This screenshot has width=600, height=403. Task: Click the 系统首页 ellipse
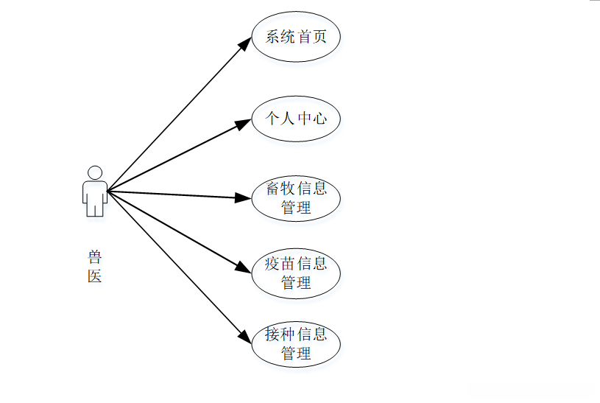[x=295, y=37]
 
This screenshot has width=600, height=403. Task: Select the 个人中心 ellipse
[x=295, y=118]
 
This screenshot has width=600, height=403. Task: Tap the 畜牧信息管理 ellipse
[x=295, y=197]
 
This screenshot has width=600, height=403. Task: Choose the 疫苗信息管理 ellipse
[x=295, y=273]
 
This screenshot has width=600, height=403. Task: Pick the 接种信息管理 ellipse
[x=295, y=343]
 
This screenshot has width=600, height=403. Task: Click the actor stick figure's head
[x=94, y=172]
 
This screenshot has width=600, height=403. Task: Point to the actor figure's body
[x=94, y=197]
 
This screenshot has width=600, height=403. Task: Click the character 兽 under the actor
[x=94, y=257]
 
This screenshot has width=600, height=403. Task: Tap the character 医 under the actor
[x=94, y=276]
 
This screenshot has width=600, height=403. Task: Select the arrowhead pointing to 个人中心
[x=244, y=124]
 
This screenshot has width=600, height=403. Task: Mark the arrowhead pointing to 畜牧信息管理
[x=244, y=197]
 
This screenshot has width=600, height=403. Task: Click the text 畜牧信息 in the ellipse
[x=295, y=188]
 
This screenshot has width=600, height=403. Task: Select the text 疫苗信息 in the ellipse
[x=295, y=263]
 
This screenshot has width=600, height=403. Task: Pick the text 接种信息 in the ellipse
[x=295, y=334]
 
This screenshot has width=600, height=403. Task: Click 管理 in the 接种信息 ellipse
[x=295, y=353]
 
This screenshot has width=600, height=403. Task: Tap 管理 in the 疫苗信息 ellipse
[x=295, y=282]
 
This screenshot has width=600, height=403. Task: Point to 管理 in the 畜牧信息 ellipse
[x=295, y=207]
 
